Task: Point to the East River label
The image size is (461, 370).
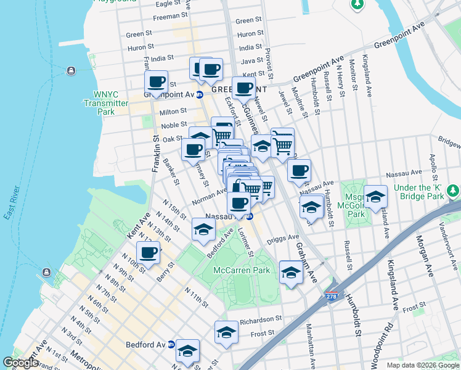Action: coord(14,203)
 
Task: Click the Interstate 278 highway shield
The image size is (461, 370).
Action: coord(332,297)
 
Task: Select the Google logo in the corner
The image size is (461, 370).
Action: coord(20,363)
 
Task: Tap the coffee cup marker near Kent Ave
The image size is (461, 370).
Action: coord(148,253)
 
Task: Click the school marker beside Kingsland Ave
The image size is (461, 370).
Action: coord(375,197)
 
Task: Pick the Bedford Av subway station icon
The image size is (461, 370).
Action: coord(171,345)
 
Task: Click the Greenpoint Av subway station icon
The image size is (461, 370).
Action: coord(199,95)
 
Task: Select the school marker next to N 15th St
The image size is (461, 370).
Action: coord(202,231)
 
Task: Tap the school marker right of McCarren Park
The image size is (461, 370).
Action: coord(291,273)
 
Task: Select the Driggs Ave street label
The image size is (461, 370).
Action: coord(283,237)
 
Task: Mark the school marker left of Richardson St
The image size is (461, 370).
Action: coord(227,333)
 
